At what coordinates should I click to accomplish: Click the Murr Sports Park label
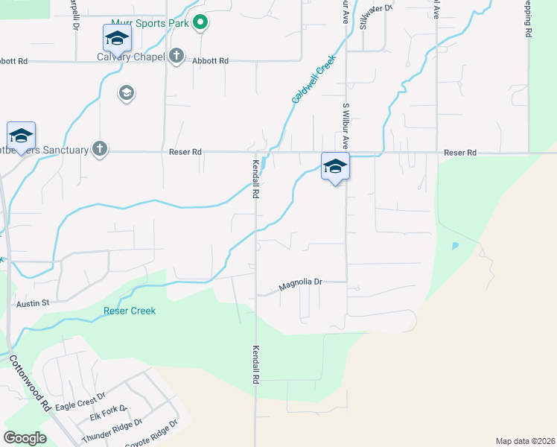(150, 24)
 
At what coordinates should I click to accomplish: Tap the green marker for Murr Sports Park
(200, 23)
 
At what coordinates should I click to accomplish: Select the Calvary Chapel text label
(131, 57)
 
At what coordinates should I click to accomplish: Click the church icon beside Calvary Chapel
(176, 57)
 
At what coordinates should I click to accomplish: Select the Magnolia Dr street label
(300, 283)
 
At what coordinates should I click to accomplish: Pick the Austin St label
(32, 303)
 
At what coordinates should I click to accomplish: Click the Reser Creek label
(130, 311)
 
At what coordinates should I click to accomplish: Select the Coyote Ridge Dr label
(153, 431)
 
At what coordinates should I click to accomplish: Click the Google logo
(25, 438)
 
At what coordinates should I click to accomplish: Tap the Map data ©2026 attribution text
(525, 440)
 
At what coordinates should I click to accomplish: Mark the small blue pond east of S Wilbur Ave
(455, 245)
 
